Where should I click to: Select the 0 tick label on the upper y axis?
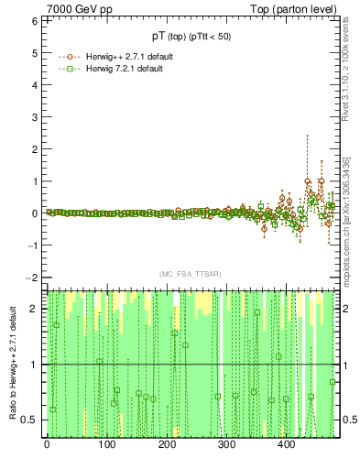[36, 213]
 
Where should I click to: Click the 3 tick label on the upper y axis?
[36, 116]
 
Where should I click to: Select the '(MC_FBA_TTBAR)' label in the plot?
[191, 274]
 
